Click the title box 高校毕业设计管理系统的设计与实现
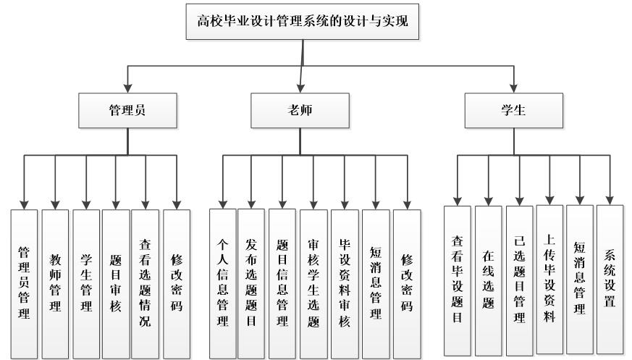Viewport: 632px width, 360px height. [303, 20]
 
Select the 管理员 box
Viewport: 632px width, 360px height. [128, 111]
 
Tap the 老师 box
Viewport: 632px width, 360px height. [299, 111]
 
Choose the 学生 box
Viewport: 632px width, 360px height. [514, 111]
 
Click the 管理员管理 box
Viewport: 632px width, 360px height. [24, 282]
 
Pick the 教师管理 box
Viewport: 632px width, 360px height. [55, 282]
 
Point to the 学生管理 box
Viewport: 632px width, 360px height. [86, 282]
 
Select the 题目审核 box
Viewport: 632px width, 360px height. [115, 282]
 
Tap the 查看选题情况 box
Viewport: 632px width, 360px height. [145, 282]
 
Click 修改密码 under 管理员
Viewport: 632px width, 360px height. [177, 282]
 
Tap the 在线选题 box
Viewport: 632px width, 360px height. [488, 278]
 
